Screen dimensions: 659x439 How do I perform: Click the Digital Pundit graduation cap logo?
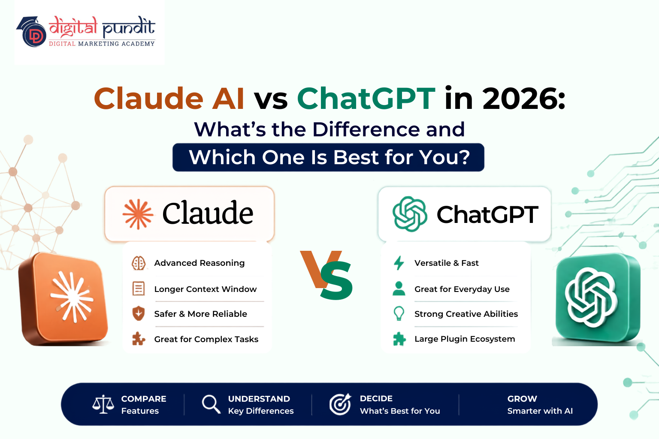tap(31, 32)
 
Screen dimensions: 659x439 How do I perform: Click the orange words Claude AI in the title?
tap(169, 99)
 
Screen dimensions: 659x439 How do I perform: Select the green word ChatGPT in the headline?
tap(366, 99)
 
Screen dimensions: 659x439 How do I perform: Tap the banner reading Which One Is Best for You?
tap(328, 157)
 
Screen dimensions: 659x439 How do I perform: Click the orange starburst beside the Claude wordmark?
tap(138, 214)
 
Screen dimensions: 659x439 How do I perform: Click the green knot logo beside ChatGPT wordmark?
tap(410, 214)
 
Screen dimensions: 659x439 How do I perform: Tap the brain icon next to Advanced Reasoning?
tap(139, 263)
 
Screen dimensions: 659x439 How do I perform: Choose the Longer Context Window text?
tap(206, 289)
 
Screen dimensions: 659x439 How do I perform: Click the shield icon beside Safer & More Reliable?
tap(139, 313)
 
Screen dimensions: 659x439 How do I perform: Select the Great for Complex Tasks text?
tap(206, 339)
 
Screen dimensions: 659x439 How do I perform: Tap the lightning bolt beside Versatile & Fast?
tap(399, 263)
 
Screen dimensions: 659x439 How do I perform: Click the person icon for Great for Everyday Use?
tap(399, 289)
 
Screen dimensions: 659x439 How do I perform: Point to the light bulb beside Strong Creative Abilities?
tap(399, 313)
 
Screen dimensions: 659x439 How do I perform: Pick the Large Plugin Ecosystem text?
tap(465, 339)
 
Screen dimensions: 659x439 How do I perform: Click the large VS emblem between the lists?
tap(326, 275)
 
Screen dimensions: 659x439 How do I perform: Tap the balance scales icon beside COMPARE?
tap(103, 404)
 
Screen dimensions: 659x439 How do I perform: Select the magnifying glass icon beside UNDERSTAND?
tap(211, 404)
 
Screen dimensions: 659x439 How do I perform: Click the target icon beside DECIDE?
tap(340, 404)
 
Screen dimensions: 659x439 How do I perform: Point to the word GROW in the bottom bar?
tap(522, 399)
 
